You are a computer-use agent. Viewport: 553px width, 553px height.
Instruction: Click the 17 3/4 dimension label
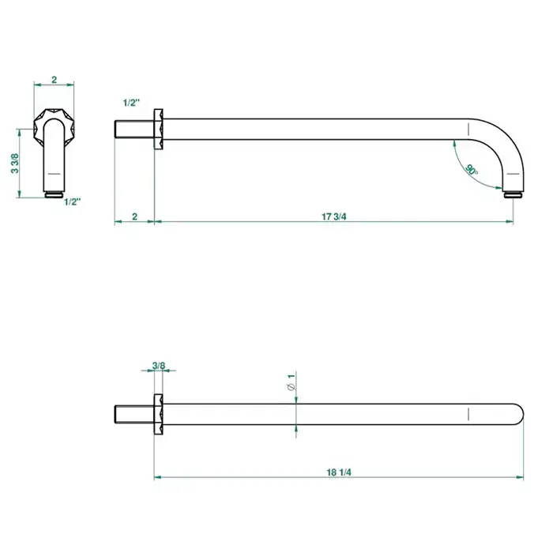click(333, 216)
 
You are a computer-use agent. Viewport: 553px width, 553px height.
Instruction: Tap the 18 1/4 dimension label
click(339, 472)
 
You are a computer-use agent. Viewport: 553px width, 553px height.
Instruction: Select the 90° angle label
click(472, 170)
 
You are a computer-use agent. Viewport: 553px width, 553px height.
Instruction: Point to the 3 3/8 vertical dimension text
click(15, 163)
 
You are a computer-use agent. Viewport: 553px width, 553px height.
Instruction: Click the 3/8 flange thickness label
click(159, 365)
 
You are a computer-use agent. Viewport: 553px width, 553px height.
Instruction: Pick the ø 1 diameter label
click(292, 382)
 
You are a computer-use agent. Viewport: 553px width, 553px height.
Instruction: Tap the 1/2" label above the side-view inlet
click(131, 103)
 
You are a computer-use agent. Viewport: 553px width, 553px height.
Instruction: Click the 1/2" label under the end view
click(73, 201)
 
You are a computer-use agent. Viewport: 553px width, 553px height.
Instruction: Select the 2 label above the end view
click(54, 79)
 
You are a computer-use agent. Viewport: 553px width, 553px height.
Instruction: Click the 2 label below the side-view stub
click(134, 216)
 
